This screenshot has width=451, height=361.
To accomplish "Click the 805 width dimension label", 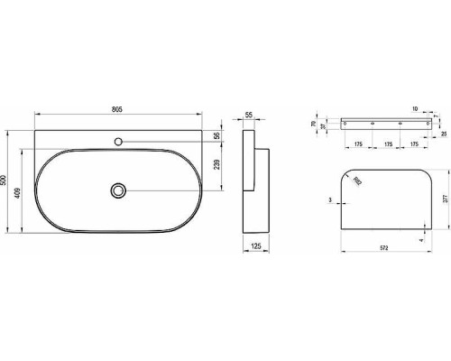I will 117,109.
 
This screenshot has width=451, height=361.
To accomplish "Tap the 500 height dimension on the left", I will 6,180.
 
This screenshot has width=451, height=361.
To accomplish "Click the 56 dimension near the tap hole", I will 217,135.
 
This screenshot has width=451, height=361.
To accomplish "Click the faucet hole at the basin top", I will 117,142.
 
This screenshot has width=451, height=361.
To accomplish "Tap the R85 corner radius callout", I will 358,180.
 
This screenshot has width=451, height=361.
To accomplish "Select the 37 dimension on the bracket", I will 322,126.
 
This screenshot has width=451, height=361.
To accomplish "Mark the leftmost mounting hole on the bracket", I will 346,122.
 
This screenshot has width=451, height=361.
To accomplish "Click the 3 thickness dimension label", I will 331,199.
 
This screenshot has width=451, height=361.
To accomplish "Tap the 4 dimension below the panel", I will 421,239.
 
